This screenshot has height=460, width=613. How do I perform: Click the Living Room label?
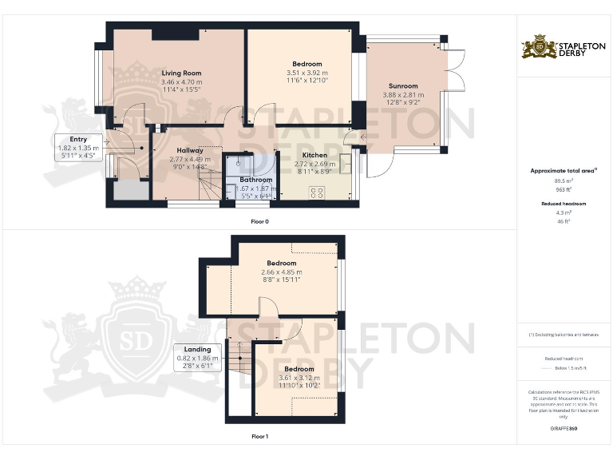pyautogui.click(x=181, y=73)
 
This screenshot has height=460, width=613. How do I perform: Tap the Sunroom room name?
pyautogui.click(x=403, y=85)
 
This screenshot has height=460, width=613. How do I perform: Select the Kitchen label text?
pyautogui.click(x=314, y=155)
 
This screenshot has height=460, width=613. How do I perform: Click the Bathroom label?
pyautogui.click(x=256, y=180)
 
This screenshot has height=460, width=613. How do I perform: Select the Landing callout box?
pyautogui.click(x=197, y=354)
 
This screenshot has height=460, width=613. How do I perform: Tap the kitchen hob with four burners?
pyautogui.click(x=316, y=192)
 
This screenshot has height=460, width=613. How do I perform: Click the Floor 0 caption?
pyautogui.click(x=259, y=221)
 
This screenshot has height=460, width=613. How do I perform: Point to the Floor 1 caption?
pyautogui.click(x=259, y=437)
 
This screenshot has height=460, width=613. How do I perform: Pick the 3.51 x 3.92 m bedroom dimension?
pyautogui.click(x=306, y=73)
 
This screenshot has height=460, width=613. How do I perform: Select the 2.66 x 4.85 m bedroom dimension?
pyautogui.click(x=282, y=272)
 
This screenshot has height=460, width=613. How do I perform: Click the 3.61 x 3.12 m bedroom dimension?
pyautogui.click(x=295, y=378)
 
